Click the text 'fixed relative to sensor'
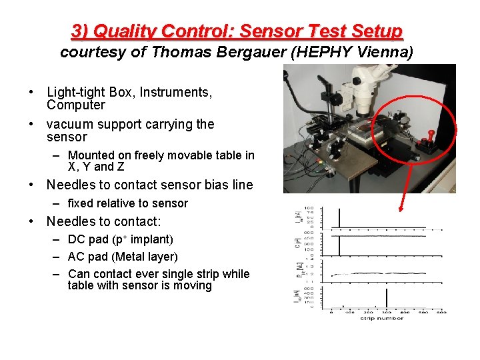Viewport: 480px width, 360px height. tap(127, 203)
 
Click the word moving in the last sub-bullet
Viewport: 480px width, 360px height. tap(191, 286)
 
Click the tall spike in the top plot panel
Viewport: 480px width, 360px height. tap(340, 218)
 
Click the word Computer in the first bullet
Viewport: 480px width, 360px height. tap(76, 105)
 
